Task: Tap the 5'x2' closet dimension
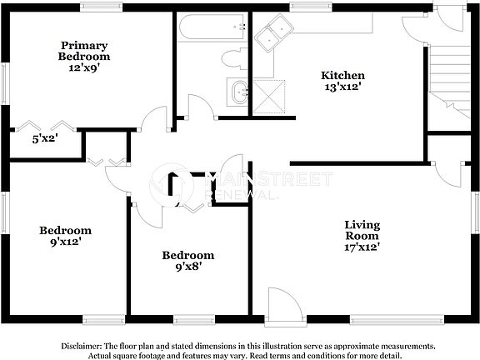coord(44,138)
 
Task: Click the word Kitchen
coord(343,75)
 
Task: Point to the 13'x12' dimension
coord(343,87)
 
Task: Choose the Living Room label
coord(362,231)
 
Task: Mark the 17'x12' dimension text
coord(362,247)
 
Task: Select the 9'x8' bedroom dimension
coord(187,267)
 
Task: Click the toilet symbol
coord(234,58)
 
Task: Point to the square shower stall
coord(270,94)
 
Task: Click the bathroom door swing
coord(200,107)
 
